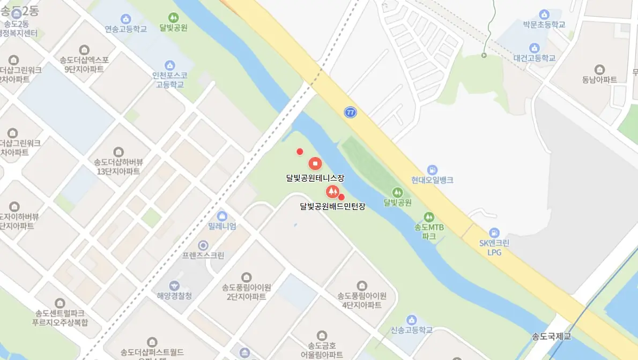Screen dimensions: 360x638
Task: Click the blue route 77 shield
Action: (x=351, y=112)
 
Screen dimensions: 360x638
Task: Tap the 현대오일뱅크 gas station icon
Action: (x=433, y=169)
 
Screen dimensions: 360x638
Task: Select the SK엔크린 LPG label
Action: (x=494, y=247)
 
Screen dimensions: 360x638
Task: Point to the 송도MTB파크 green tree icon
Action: (x=428, y=217)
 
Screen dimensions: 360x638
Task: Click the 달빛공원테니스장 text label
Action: (x=315, y=178)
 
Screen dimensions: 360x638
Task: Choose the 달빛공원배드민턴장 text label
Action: (x=332, y=206)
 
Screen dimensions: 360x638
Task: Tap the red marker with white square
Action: (x=315, y=163)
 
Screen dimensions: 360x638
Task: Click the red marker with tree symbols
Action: (x=332, y=191)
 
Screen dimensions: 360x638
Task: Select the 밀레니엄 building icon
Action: (x=222, y=216)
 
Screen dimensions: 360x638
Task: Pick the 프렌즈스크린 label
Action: (x=203, y=256)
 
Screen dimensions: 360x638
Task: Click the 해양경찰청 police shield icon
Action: (x=174, y=286)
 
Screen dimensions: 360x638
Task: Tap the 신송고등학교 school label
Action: (x=412, y=330)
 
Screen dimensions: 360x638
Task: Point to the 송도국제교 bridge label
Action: (x=552, y=336)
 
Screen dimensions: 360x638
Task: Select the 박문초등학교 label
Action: (x=544, y=24)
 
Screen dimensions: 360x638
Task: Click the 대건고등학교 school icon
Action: (x=533, y=48)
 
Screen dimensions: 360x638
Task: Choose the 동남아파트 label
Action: (x=599, y=79)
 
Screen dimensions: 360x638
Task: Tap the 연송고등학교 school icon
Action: (x=126, y=19)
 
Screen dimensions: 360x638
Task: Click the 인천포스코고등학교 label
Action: (x=170, y=80)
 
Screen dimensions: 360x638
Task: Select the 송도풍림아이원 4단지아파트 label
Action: (x=362, y=300)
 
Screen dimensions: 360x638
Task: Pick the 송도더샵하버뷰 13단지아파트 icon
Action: (x=118, y=152)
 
